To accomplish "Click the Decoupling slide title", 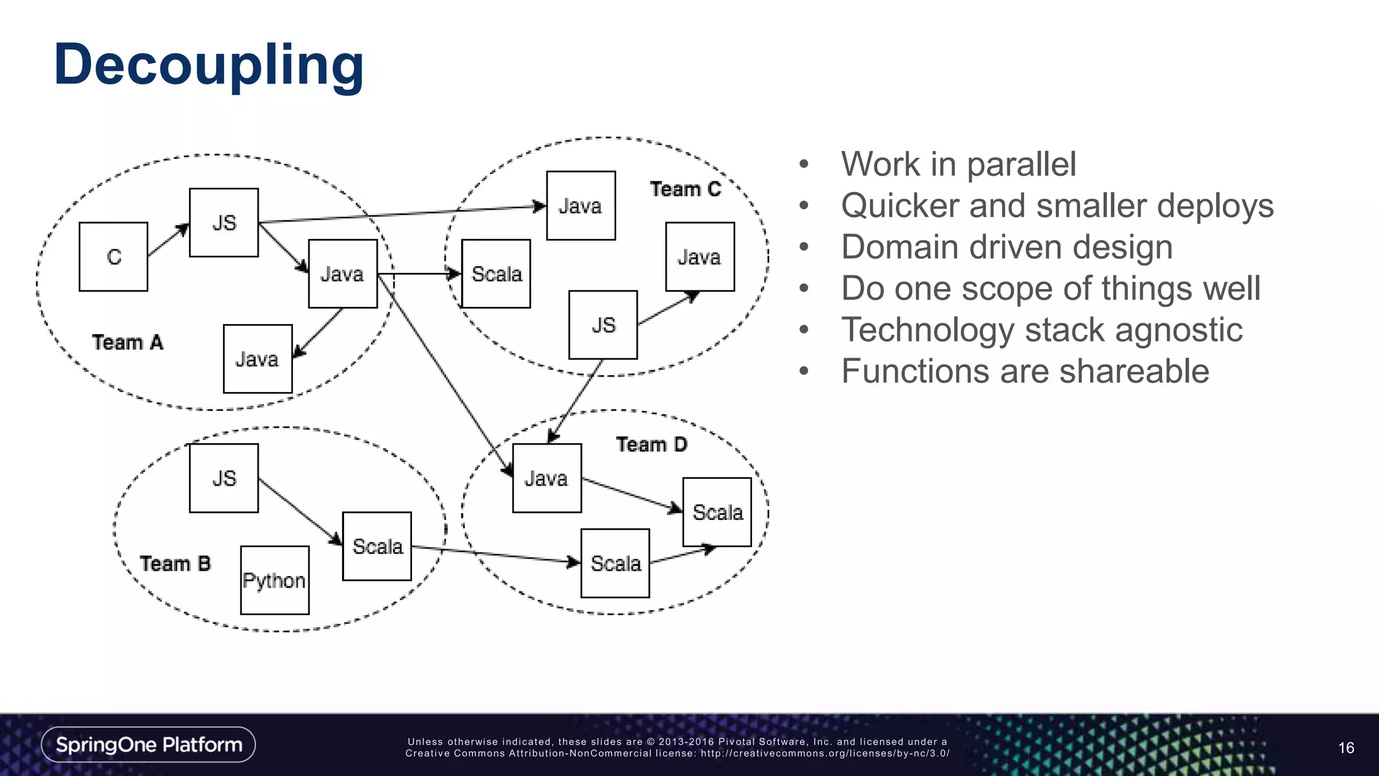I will pos(209,65).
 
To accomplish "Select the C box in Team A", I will pos(113,257).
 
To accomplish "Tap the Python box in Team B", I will pos(275,580).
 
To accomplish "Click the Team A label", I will pos(128,342).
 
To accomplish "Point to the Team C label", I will pos(685,189).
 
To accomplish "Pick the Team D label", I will pos(651,445).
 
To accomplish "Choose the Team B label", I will pos(175,563).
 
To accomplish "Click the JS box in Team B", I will pos(224,478).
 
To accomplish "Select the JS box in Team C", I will pos(603,325).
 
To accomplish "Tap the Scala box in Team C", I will pos(496,274).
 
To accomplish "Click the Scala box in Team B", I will pos(377,546).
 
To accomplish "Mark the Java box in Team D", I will pos(547,478).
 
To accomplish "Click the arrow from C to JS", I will pos(168,240).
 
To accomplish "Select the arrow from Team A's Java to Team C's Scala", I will pos(419,273).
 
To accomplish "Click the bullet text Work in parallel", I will pos(958,164).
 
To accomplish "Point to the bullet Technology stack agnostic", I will pos(1041,330).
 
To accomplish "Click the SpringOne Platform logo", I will pos(149,744).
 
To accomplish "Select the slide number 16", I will pos(1345,748).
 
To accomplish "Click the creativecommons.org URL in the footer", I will pos(825,754).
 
